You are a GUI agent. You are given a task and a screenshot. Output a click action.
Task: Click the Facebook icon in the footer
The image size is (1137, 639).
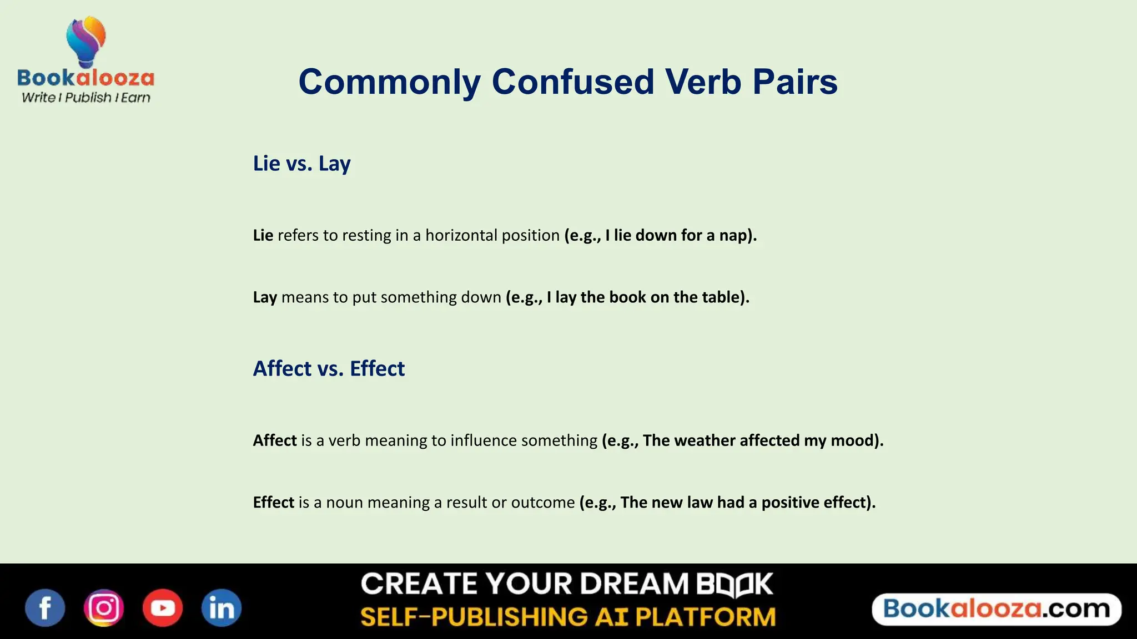[x=45, y=608]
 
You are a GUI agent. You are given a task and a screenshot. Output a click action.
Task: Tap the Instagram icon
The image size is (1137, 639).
[x=104, y=608]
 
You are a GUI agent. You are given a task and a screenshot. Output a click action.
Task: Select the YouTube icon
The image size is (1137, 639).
[x=163, y=608]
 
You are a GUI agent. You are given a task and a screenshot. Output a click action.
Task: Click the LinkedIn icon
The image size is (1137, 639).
[x=222, y=608]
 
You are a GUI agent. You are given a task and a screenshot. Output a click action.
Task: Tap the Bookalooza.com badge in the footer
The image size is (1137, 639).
[x=997, y=609]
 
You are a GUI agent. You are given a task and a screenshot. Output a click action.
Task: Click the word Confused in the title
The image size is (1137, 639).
[x=573, y=82]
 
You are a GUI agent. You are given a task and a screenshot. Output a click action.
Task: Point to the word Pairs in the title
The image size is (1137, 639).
[x=795, y=82]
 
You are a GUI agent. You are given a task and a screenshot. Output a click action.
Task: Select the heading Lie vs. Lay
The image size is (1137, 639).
[x=301, y=164]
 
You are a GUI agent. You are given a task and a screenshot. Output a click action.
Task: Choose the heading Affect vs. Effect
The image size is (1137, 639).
[x=329, y=369]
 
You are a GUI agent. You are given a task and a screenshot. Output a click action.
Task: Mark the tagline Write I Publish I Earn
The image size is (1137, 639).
[x=86, y=98]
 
